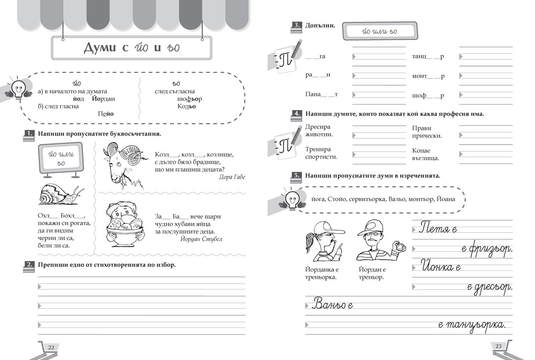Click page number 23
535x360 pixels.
point(498,347)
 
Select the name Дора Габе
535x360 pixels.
point(233,177)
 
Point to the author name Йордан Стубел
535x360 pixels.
point(202,239)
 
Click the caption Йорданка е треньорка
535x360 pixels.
point(321,273)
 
